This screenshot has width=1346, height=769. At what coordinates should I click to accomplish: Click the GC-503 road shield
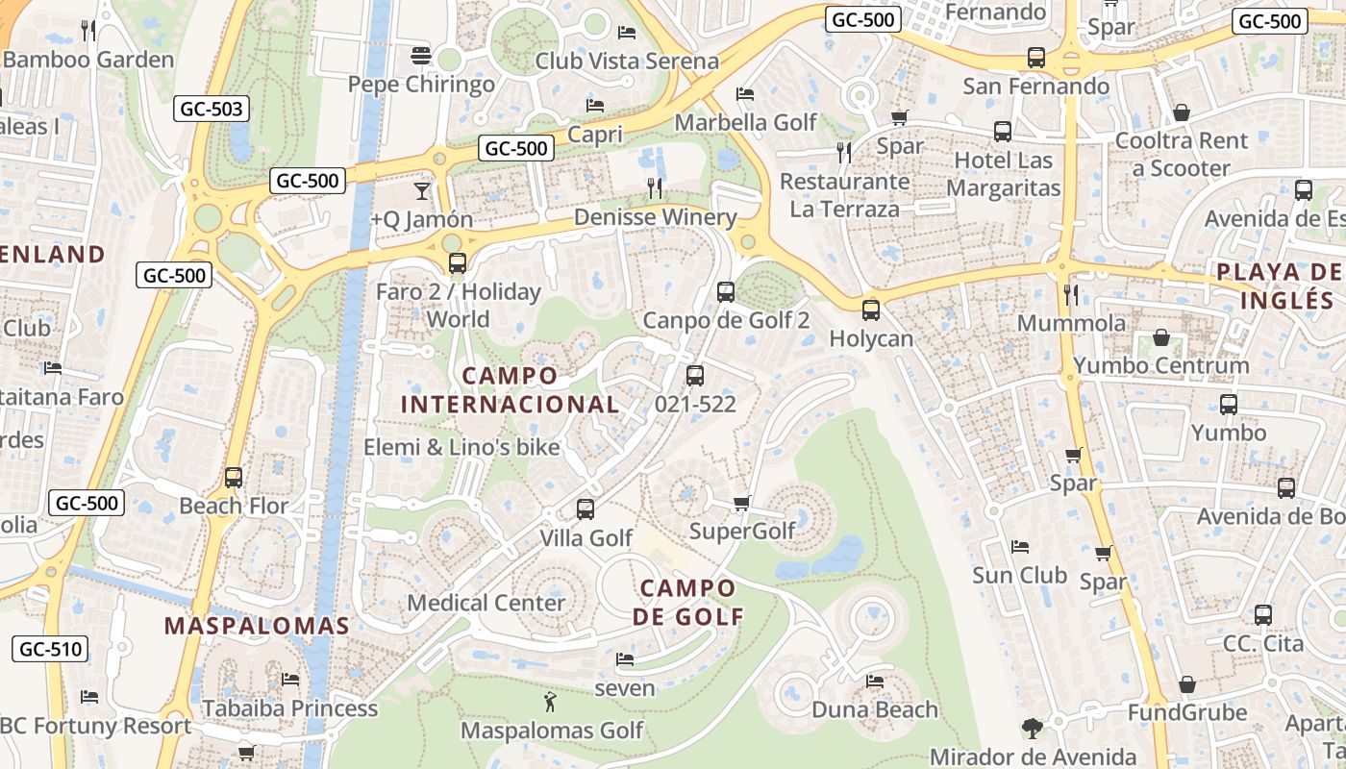click(212, 109)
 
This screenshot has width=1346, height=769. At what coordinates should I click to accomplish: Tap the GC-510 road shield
click(51, 649)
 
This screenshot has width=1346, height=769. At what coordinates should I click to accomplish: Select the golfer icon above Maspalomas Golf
click(550, 702)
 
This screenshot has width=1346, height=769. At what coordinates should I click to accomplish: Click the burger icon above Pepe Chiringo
click(420, 56)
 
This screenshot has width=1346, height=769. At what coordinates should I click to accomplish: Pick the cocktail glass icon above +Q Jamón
click(421, 190)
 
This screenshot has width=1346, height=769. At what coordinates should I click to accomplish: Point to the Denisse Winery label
click(655, 217)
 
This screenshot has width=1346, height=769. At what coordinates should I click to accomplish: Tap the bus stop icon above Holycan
click(870, 310)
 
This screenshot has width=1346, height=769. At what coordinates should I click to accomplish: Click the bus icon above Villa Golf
click(585, 509)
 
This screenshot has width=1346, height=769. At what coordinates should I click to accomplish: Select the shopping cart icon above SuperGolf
click(741, 503)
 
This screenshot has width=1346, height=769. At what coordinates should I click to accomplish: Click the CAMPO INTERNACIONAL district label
click(510, 389)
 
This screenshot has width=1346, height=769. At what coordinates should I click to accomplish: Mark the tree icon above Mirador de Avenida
click(1033, 728)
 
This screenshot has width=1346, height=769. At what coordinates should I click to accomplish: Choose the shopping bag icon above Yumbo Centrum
click(1161, 337)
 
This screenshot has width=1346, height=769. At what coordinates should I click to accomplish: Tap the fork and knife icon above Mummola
click(1071, 293)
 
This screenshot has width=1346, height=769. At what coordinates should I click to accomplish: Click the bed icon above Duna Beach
click(874, 682)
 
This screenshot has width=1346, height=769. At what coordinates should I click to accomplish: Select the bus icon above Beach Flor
click(233, 477)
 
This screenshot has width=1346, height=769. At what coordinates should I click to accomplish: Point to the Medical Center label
click(486, 603)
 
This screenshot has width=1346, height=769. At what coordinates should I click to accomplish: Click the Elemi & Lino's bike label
click(461, 447)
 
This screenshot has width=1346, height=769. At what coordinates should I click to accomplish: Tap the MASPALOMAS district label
click(257, 626)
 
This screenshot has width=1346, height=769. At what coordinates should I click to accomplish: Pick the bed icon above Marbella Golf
click(744, 94)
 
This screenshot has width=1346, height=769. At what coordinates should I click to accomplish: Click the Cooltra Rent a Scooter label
click(1182, 154)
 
